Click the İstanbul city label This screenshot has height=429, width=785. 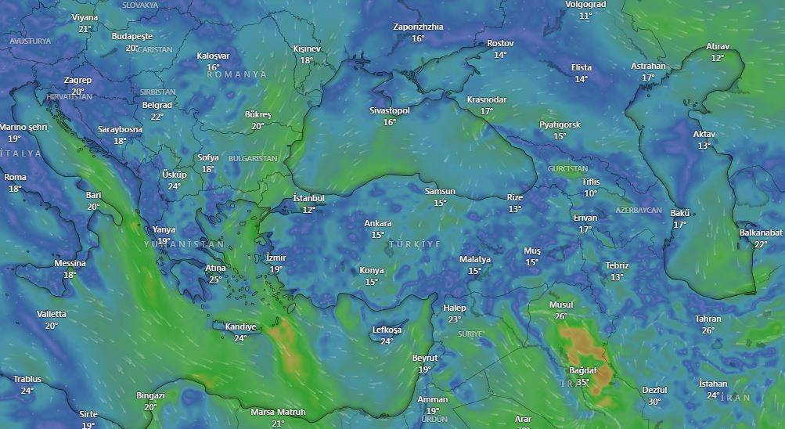[308, 198]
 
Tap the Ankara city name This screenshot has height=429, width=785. [378, 223]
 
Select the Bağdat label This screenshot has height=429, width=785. [583, 370]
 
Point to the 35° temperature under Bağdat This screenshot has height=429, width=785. [583, 382]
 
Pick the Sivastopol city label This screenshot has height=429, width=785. [390, 110]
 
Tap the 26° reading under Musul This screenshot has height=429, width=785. [560, 316]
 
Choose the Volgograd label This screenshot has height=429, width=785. [585, 5]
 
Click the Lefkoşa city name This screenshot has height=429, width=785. [387, 330]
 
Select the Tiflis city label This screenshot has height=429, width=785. [590, 182]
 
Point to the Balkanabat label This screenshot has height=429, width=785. [761, 233]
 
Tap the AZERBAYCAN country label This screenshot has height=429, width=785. [639, 211]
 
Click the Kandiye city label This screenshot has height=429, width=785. [240, 326]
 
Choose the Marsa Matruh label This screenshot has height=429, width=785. [278, 412]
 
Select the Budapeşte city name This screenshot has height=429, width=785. [132, 36]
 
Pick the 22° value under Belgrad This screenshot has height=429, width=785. [157, 117]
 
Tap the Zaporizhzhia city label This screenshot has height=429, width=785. [418, 27]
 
